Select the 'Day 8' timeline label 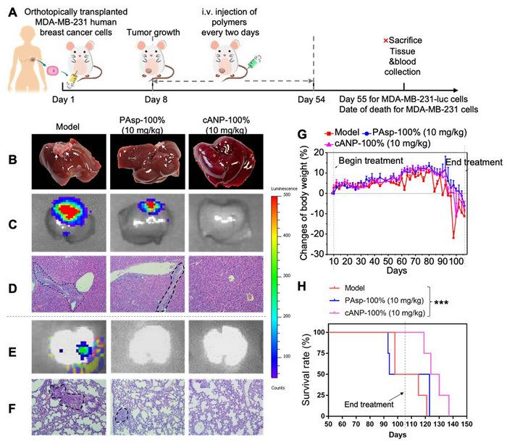[x=158, y=98]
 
